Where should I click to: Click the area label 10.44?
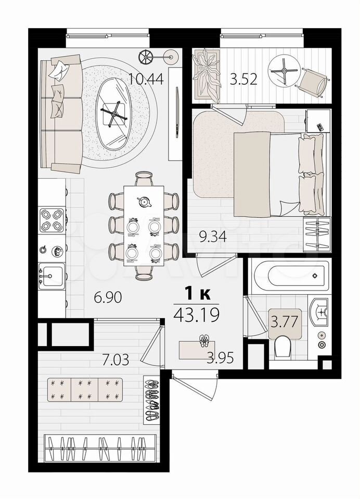point(146,79)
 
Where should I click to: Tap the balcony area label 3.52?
point(243,79)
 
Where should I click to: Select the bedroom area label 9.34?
point(213,237)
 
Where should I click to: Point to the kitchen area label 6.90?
point(108,297)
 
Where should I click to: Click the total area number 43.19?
point(197,315)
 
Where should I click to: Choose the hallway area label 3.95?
point(220,358)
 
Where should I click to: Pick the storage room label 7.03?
point(115,360)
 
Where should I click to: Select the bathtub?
point(290,275)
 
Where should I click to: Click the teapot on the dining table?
point(144,202)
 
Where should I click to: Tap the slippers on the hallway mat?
point(203,341)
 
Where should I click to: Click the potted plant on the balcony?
point(207,74)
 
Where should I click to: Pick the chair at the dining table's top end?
point(144,178)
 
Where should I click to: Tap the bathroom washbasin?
point(319,312)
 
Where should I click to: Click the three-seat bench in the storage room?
point(85,389)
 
